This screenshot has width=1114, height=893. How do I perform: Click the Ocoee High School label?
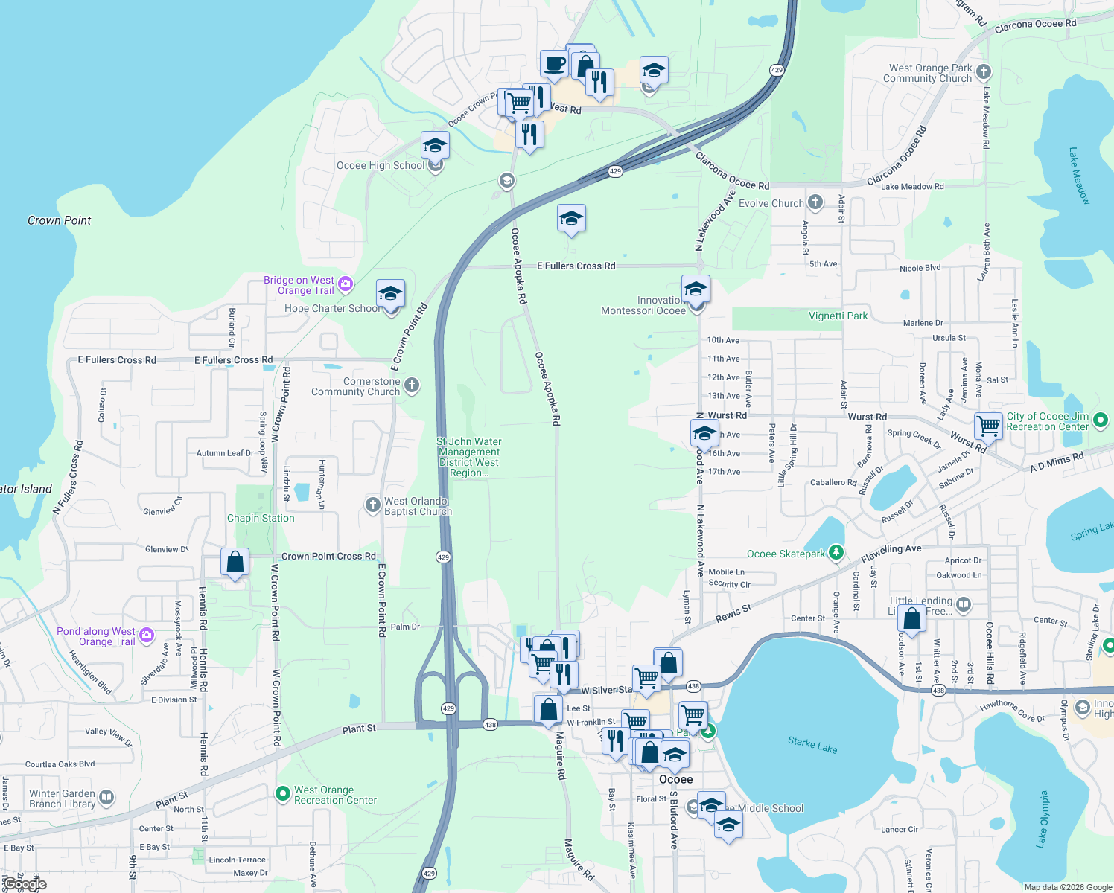tap(380, 166)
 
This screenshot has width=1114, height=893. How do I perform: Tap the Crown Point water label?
tap(59, 221)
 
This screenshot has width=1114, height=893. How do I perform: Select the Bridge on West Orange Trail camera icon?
tap(345, 284)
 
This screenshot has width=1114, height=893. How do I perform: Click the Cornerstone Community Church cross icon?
tap(412, 385)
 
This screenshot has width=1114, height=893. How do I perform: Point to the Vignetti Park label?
tap(838, 316)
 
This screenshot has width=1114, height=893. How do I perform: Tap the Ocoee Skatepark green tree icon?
tap(836, 552)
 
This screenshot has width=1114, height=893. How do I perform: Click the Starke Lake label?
tap(812, 744)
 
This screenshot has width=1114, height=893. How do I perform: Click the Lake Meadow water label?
tap(1079, 176)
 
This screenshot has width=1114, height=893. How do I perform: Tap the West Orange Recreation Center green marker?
tap(282, 794)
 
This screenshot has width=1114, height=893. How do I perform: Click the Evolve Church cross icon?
tap(815, 202)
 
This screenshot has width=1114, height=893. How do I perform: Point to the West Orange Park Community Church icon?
tap(984, 72)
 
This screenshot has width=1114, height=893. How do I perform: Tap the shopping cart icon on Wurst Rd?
tap(988, 426)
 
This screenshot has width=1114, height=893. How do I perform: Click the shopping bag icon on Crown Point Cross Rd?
tap(235, 561)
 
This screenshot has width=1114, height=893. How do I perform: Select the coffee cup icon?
tap(553, 63)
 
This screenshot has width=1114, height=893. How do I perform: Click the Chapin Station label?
tap(261, 519)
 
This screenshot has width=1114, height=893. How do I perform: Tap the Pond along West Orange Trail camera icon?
tap(147, 635)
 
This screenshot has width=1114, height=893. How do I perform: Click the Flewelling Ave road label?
tap(891, 553)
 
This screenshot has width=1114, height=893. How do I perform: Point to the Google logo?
tap(24, 884)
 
